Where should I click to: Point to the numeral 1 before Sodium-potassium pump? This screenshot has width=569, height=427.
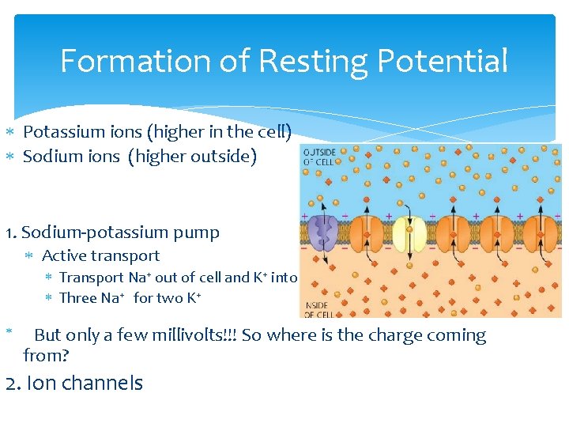pyautogui.click(x=9, y=232)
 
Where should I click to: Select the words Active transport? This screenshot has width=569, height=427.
pyautogui.click(x=100, y=255)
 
